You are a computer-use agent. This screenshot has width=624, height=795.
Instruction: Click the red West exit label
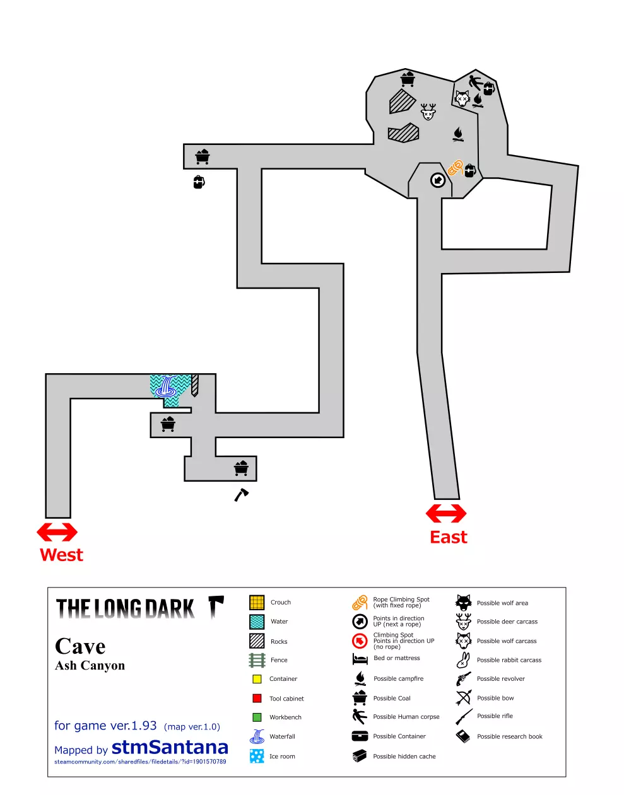pos(61,555)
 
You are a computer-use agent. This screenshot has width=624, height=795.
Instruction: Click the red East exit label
pos(448,537)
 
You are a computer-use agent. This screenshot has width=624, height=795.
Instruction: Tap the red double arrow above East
pos(446,513)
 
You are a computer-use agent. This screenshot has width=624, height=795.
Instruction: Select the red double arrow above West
pos(57,532)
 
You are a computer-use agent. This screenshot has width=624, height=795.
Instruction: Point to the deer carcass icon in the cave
pos(428,112)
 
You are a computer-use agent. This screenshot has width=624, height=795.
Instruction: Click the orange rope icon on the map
pos(456,167)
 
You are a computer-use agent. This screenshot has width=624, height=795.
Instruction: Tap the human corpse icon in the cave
pos(475,82)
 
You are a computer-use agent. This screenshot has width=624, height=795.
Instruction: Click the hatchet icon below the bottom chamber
pos(241,495)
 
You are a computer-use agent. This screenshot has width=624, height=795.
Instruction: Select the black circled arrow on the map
pos(437,180)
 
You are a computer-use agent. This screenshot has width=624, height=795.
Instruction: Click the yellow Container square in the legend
pos(257,679)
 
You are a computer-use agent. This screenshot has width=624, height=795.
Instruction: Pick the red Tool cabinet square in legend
pos(257,699)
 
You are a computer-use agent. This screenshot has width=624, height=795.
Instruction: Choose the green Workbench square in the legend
pos(257,717)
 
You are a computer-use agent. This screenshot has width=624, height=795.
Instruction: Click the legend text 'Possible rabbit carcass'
pos(509,660)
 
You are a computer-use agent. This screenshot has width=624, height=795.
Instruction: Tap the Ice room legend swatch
pos(257,756)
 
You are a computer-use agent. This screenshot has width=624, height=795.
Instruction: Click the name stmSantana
pos(170,747)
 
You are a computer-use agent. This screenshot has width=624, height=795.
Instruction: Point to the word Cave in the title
pos(80,646)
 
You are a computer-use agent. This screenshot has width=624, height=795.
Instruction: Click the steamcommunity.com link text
pos(140,762)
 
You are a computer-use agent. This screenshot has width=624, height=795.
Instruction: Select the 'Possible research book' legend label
pos(509,736)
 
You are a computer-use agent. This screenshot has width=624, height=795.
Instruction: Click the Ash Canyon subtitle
pos(90,666)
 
